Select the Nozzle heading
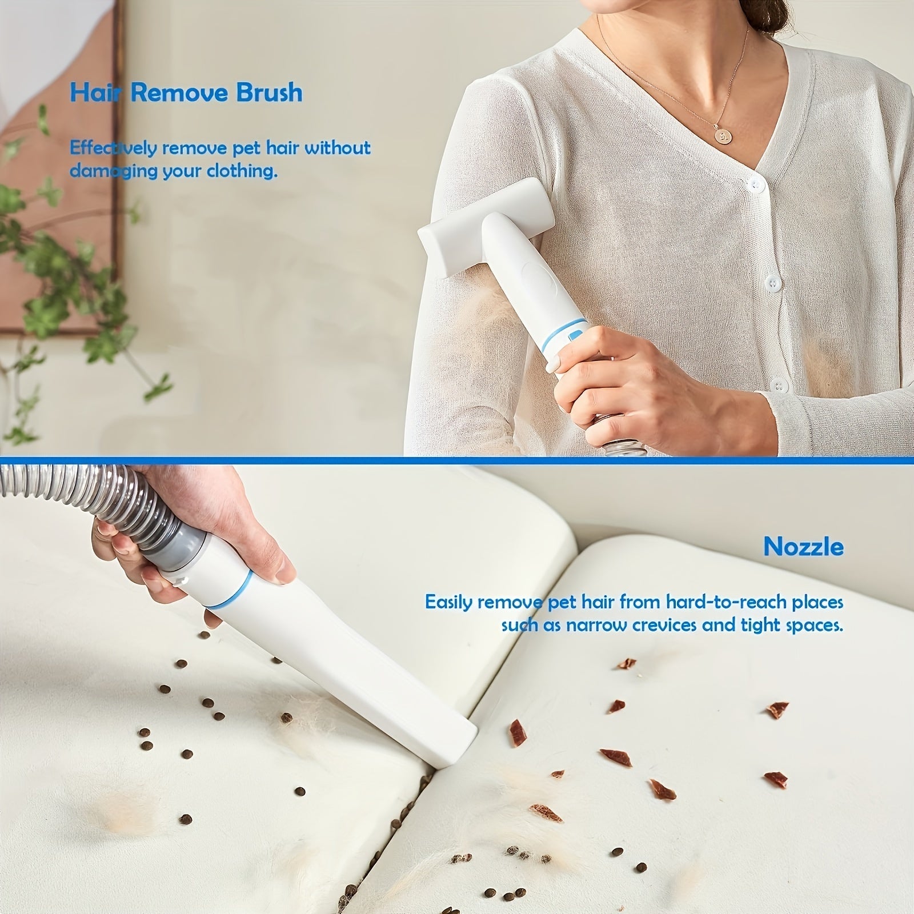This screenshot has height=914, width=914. click(x=803, y=547)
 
